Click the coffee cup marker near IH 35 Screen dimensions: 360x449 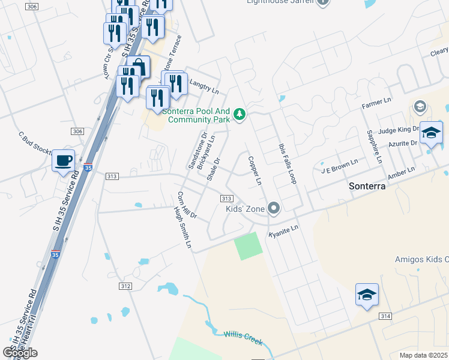(x=63, y=161)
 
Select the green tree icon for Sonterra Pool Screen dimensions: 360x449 (x=240, y=113)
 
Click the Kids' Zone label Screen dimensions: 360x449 (x=245, y=209)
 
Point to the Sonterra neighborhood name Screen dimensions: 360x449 (x=366, y=187)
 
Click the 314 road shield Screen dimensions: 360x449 (x=385, y=316)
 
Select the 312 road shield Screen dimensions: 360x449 (x=125, y=286)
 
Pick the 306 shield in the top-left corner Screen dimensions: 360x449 (x=32, y=6)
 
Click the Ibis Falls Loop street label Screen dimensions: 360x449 (x=288, y=163)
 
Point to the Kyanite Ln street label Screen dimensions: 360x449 (x=283, y=230)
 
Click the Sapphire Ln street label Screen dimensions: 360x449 (x=374, y=146)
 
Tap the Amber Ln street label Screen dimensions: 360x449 (x=402, y=173)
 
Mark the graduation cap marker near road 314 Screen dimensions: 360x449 (x=367, y=295)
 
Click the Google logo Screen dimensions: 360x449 (x=20, y=353)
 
